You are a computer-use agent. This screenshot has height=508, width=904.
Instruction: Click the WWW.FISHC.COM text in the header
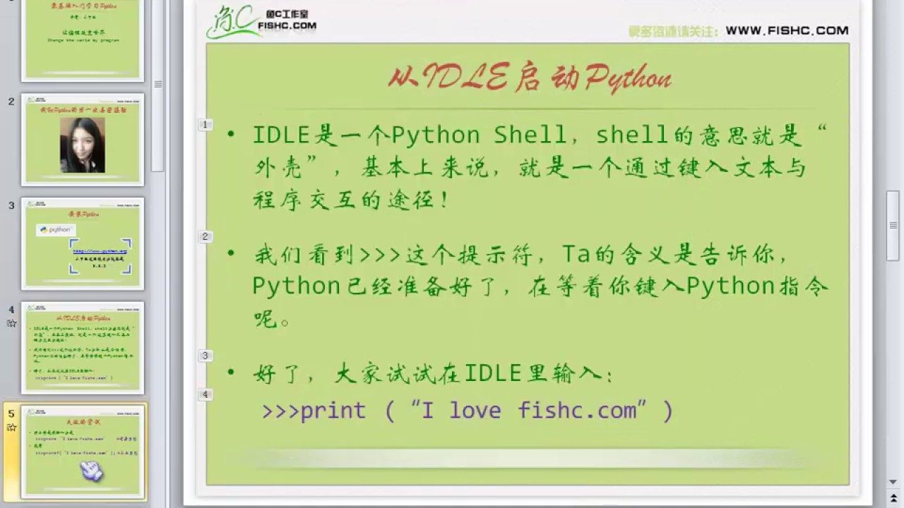787,30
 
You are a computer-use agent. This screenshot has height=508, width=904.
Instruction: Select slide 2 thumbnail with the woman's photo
83,140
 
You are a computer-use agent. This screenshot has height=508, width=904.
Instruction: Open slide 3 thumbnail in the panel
83,243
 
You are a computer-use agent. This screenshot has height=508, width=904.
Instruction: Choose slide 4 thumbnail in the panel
83,348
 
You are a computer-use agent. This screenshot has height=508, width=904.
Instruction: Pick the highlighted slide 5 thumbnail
83,452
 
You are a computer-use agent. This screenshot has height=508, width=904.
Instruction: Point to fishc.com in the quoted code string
577,411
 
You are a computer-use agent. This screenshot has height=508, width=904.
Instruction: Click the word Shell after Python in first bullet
530,135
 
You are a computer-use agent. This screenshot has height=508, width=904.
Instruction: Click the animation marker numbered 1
206,125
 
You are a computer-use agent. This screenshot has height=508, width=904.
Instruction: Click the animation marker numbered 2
206,236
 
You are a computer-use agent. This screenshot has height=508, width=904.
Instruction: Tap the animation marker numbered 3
206,356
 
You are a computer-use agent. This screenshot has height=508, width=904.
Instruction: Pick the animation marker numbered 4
206,394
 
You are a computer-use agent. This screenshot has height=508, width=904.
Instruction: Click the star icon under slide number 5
11,428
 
